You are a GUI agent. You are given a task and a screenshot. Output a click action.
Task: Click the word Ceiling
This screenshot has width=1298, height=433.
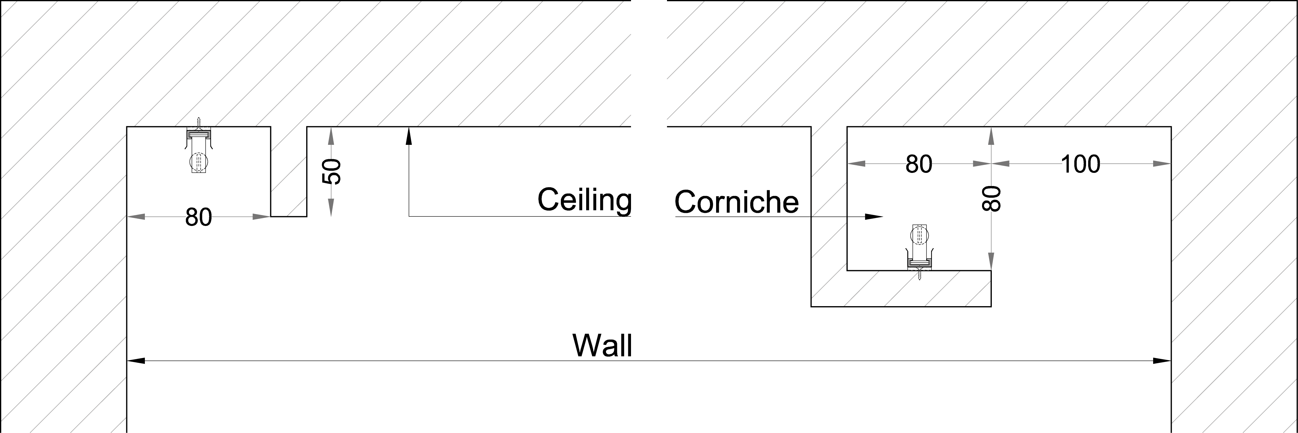(585, 200)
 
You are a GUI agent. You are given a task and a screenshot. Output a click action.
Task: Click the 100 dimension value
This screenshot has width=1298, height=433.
(1080, 164)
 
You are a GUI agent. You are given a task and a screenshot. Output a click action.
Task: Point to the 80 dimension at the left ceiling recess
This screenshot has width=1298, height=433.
(199, 217)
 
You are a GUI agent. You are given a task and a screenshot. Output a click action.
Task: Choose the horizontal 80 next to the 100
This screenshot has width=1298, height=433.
(919, 164)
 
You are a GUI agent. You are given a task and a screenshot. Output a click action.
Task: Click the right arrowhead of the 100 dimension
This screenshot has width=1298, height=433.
(1161, 163)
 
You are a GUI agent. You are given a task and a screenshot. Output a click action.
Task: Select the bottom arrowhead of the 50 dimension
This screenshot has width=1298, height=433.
(331, 208)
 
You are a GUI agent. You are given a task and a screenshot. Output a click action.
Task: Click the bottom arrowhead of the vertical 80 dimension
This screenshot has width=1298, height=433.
(991, 262)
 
